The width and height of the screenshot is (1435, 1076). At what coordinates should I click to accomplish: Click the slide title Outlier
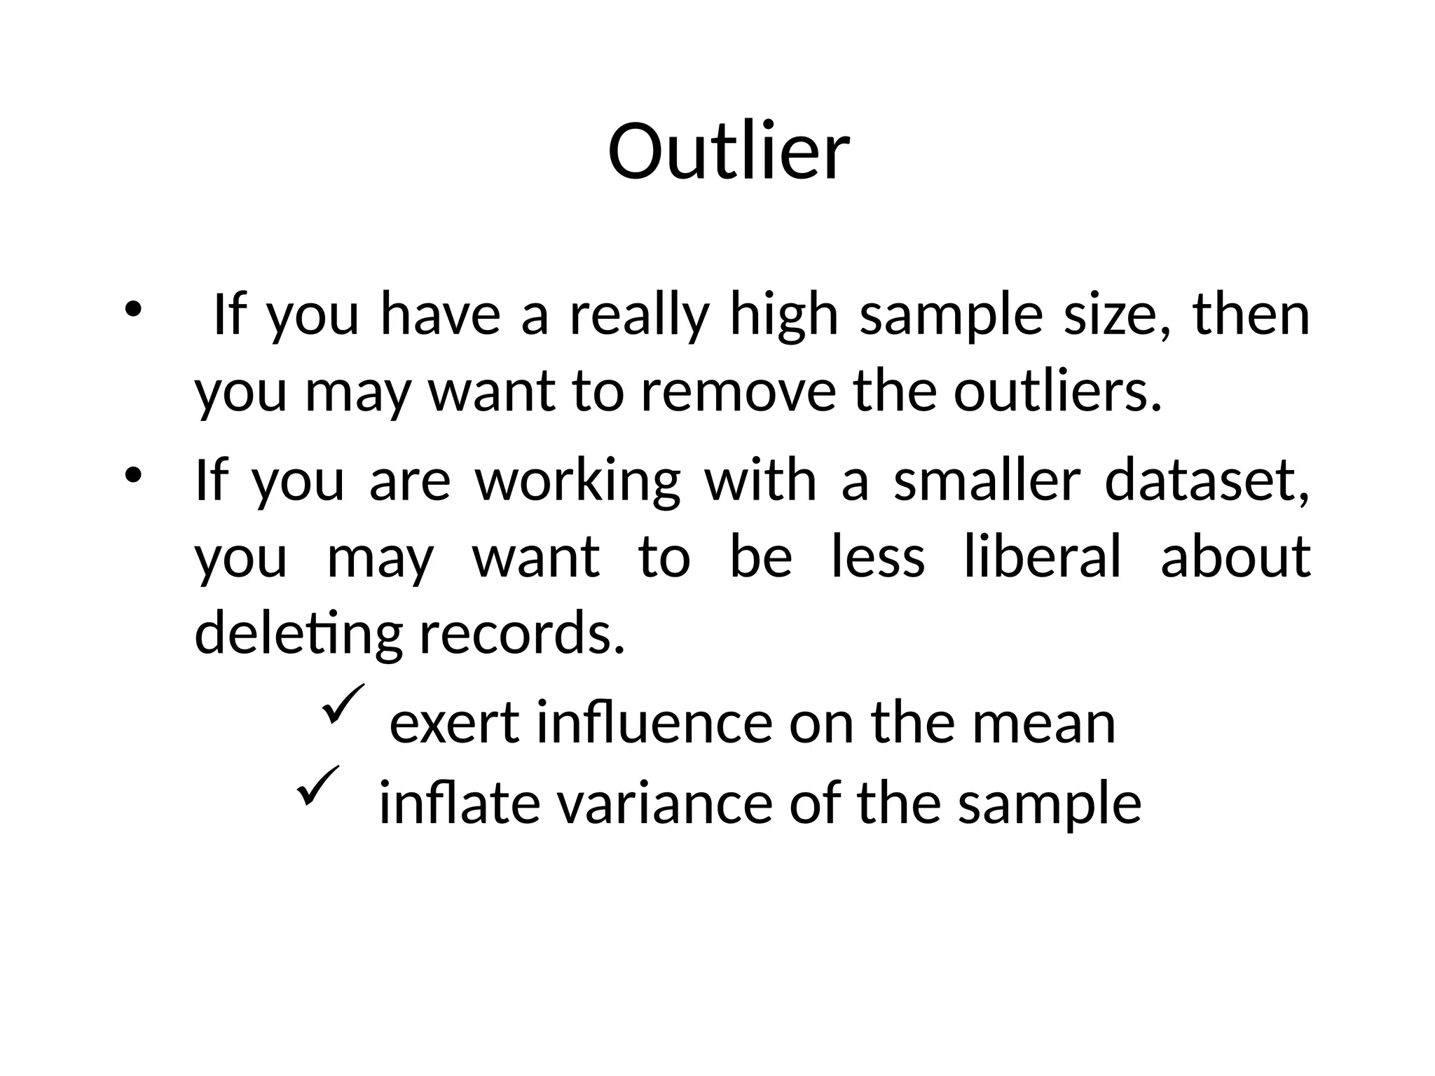pyautogui.click(x=729, y=152)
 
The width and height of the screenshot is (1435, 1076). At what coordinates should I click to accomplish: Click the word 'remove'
pyautogui.click(x=739, y=392)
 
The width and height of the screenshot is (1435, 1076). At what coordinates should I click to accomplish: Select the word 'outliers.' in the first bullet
pyautogui.click(x=1057, y=392)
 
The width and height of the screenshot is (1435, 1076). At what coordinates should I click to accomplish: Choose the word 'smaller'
pyautogui.click(x=987, y=481)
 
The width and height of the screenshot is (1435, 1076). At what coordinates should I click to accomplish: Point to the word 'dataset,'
pyautogui.click(x=1207, y=481)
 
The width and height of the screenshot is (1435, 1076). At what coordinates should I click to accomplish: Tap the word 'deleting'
pyautogui.click(x=298, y=634)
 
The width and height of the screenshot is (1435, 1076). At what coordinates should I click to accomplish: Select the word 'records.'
pyautogui.click(x=521, y=634)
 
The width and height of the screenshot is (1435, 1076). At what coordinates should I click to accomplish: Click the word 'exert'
pyautogui.click(x=455, y=724)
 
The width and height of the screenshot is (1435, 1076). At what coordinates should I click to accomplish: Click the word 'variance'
pyautogui.click(x=664, y=803)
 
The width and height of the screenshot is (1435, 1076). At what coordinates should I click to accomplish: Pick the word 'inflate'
pyautogui.click(x=460, y=803)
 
